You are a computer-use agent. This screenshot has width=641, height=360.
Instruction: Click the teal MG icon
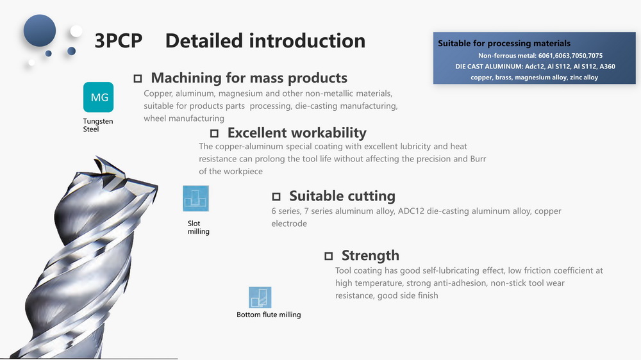(98, 97)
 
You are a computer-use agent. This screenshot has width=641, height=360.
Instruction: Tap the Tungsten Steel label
(97, 125)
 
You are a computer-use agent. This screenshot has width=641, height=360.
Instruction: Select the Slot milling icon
(196, 199)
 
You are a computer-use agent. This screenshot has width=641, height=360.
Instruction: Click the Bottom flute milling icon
(260, 297)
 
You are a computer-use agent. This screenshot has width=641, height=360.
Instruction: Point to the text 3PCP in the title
(119, 41)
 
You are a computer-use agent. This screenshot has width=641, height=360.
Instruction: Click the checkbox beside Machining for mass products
(138, 78)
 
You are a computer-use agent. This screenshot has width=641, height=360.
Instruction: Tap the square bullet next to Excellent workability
(214, 133)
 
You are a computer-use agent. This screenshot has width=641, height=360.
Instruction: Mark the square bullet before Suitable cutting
(276, 197)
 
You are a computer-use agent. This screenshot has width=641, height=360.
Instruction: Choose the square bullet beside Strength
(329, 256)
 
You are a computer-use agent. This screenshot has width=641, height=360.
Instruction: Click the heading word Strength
(370, 256)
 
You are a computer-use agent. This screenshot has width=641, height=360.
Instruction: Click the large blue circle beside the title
(40, 31)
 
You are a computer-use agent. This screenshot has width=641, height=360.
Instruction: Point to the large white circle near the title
(76, 31)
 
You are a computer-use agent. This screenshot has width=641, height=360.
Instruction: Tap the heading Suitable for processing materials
(504, 44)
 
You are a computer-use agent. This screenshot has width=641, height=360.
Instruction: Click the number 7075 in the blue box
(595, 56)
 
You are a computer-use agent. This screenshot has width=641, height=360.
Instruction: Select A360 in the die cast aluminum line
(607, 66)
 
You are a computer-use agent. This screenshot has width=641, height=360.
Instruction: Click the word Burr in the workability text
(478, 159)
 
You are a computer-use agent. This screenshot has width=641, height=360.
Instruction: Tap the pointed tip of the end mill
(96, 156)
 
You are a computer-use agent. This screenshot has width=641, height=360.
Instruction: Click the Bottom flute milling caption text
(269, 315)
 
